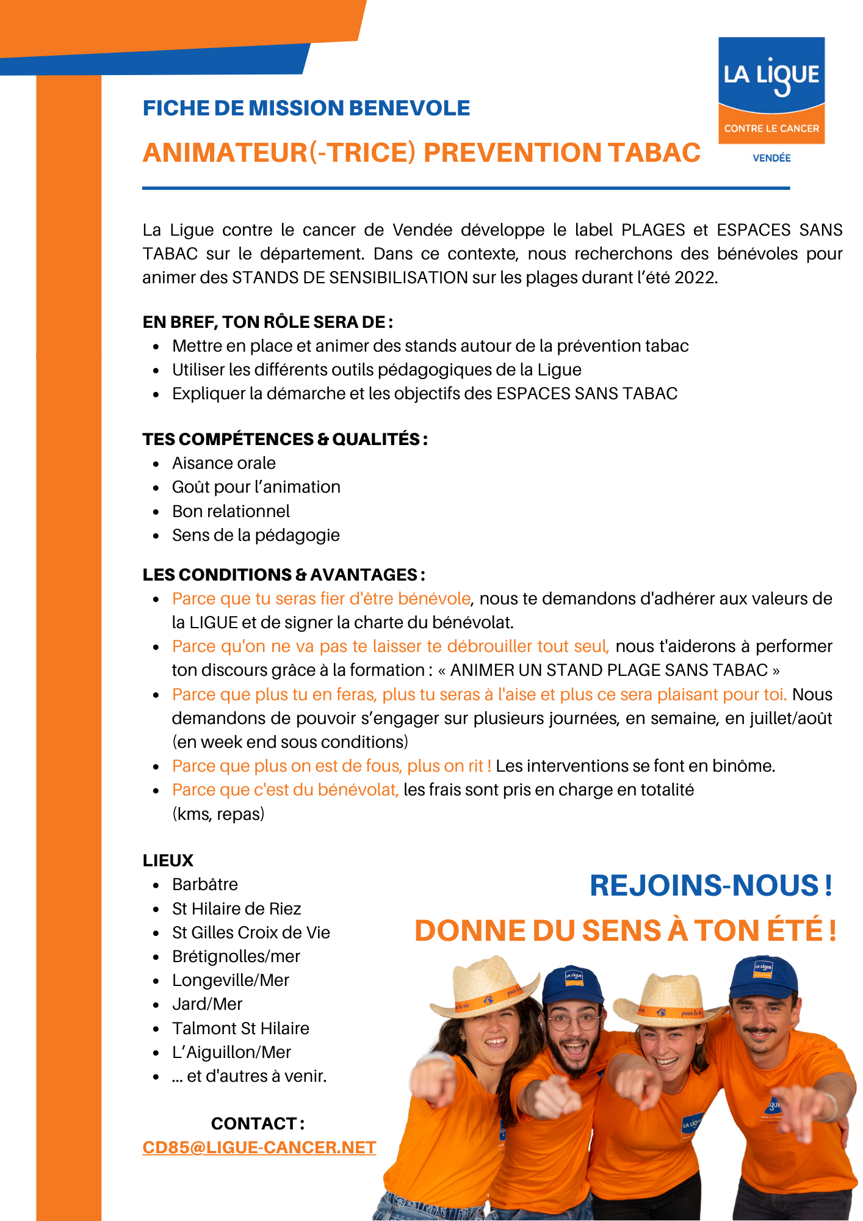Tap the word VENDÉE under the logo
coord(771,158)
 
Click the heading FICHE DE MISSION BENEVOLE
coord(306,108)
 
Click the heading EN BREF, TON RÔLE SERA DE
coord(267,322)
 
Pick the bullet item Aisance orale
coord(223,463)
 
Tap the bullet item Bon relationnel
coord(231,511)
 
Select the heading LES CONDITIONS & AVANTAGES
coord(283,574)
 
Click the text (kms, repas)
coord(218,814)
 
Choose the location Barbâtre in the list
coord(205,884)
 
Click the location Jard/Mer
coord(207,1004)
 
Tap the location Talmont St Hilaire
coord(240,1028)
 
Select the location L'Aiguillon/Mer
coord(231,1052)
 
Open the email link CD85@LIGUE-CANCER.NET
coord(259,1148)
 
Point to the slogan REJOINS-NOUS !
coord(710,886)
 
